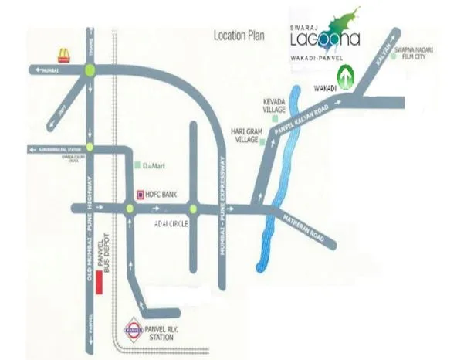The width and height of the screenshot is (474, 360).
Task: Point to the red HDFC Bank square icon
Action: pos(140,194)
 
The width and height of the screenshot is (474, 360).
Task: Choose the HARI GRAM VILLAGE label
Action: pos(249,135)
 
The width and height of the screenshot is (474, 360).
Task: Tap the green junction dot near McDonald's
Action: pos(90,70)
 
